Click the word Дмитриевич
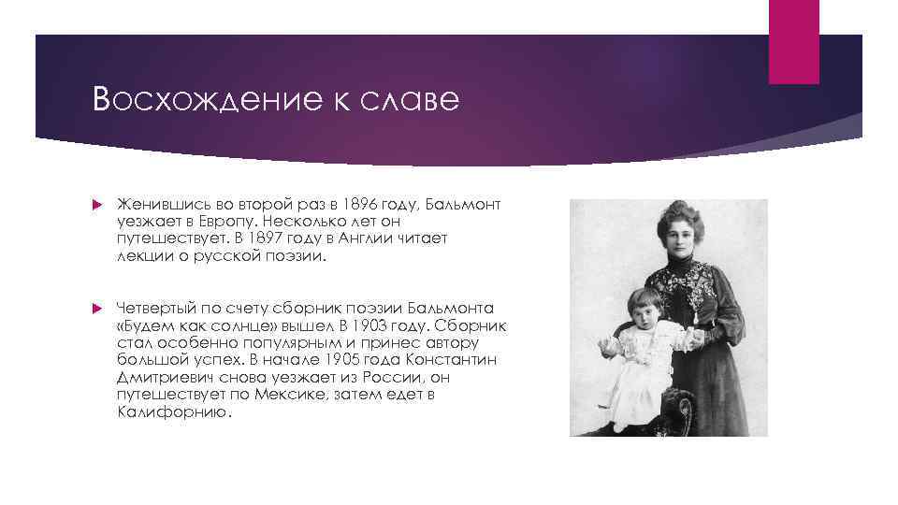(164, 378)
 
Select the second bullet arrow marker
(98, 309)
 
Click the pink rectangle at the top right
(793, 41)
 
